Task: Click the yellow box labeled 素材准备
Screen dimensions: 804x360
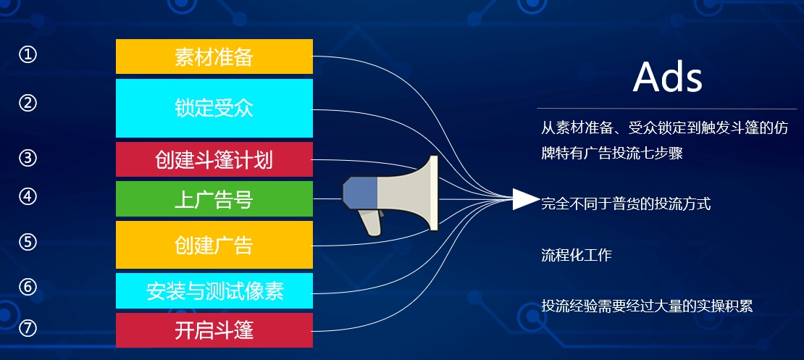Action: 214,56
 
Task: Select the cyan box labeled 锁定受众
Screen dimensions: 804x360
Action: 214,108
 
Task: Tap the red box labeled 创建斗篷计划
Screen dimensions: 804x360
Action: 214,159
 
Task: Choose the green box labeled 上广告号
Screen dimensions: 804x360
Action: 214,199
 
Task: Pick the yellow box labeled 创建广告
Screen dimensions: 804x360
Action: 214,245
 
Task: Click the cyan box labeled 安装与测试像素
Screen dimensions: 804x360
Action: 214,290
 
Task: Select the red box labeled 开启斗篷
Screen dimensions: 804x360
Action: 214,330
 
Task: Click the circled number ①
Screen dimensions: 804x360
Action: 28,54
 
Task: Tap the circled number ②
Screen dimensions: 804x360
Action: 28,103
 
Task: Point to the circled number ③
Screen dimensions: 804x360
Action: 28,158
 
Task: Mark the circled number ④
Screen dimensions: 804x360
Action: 28,197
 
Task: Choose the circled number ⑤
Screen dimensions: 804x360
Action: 28,242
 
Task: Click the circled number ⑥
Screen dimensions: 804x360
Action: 28,287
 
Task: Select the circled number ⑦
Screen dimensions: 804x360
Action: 28,328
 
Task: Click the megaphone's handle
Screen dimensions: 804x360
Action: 370,222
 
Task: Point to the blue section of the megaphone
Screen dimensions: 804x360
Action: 361,193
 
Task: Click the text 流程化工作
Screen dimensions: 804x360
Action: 577,255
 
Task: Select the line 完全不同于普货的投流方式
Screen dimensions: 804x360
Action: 626,204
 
